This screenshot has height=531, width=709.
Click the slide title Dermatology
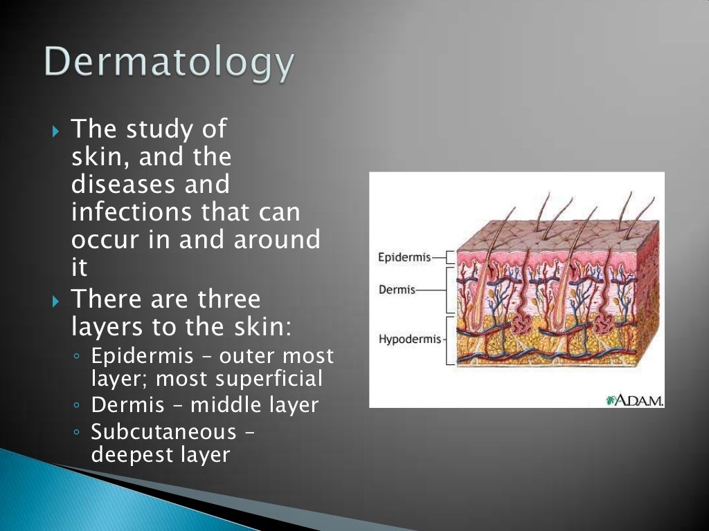[x=170, y=64]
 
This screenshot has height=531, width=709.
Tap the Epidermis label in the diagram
[x=404, y=258]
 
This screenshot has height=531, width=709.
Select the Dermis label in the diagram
[x=397, y=290]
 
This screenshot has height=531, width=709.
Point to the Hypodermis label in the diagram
[x=409, y=339]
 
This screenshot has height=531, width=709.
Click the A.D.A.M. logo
[x=634, y=400]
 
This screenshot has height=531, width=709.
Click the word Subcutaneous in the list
[x=163, y=432]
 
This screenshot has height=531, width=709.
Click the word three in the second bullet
[x=228, y=299]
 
